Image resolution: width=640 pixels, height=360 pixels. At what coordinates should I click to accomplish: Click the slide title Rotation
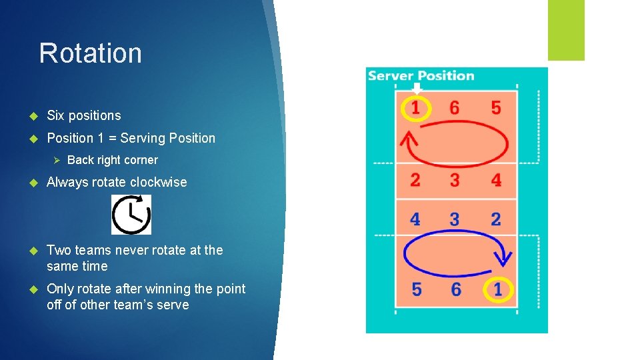(x=90, y=53)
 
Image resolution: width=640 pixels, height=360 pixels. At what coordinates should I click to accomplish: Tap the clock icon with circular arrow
(x=131, y=215)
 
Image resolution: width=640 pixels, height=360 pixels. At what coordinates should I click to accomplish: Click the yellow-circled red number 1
(x=415, y=107)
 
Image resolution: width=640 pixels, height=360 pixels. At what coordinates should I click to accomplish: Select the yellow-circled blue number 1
(x=498, y=290)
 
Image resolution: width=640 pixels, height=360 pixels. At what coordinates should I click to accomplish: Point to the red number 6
(x=455, y=107)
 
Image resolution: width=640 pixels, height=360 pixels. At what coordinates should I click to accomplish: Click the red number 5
(x=496, y=107)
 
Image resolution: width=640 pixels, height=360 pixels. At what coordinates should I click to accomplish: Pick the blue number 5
(x=417, y=290)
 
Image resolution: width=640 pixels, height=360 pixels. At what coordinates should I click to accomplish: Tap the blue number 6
(x=457, y=290)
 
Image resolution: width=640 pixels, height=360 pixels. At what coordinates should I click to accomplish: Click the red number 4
(x=496, y=180)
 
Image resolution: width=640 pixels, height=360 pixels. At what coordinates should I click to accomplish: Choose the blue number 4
(x=415, y=219)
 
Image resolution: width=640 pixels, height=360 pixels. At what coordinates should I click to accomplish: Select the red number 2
(x=415, y=180)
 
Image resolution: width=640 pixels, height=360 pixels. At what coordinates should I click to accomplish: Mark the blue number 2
(x=496, y=219)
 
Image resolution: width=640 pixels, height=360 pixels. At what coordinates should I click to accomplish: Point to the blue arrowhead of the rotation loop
(x=505, y=257)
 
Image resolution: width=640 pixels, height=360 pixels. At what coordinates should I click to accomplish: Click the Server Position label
(x=421, y=76)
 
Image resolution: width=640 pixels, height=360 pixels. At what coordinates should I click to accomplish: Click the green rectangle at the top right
(x=566, y=30)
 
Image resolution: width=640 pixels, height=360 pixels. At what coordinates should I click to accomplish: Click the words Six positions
(x=84, y=115)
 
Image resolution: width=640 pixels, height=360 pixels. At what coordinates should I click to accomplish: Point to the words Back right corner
(x=113, y=160)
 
